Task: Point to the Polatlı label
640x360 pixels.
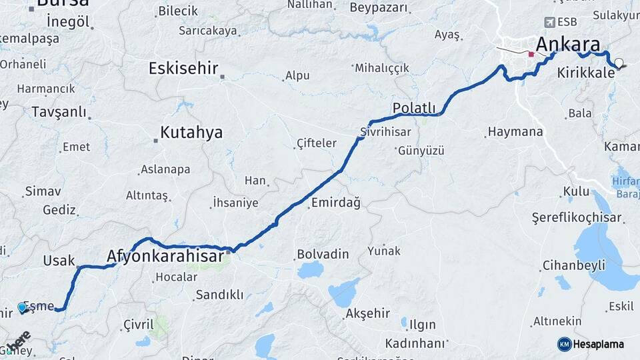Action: point(414,108)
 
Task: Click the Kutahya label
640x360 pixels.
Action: point(191,133)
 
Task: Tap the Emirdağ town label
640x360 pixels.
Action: point(335,203)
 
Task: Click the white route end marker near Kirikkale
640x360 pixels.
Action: point(619,63)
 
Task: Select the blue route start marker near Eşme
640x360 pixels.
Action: point(22,307)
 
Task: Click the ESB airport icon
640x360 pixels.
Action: point(550,22)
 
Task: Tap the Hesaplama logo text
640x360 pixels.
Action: point(598,344)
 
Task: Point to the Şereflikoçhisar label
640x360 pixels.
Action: point(577,218)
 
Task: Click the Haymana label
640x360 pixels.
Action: point(515,132)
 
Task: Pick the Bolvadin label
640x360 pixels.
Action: point(323,254)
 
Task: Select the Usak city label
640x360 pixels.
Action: point(59,261)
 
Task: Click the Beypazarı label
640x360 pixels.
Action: point(378,8)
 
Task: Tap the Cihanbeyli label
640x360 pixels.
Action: point(573,265)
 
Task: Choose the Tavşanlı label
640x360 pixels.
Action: point(59,112)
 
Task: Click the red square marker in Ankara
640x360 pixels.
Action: point(531,54)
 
